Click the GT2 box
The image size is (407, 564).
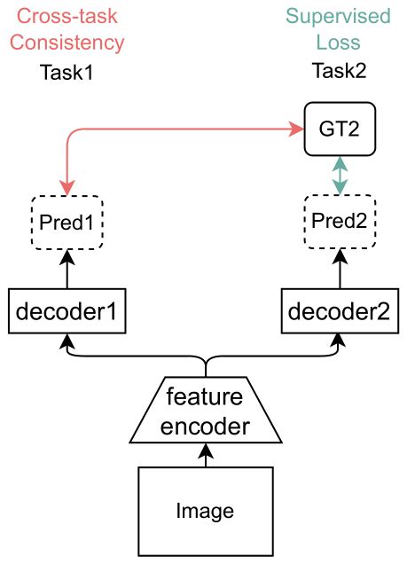(x=339, y=129)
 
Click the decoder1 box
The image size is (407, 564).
(x=67, y=311)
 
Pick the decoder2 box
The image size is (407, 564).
(x=339, y=311)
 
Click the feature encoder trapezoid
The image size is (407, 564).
(x=205, y=412)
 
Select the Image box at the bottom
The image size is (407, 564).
(x=205, y=511)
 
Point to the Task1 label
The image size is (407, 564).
(x=67, y=73)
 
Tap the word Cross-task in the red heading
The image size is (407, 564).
(x=67, y=17)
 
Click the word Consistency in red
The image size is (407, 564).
(x=67, y=43)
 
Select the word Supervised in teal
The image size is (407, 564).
(x=339, y=17)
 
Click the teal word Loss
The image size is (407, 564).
(x=339, y=43)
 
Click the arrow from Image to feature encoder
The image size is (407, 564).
(x=205, y=455)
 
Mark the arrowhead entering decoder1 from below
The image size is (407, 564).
(x=67, y=341)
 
